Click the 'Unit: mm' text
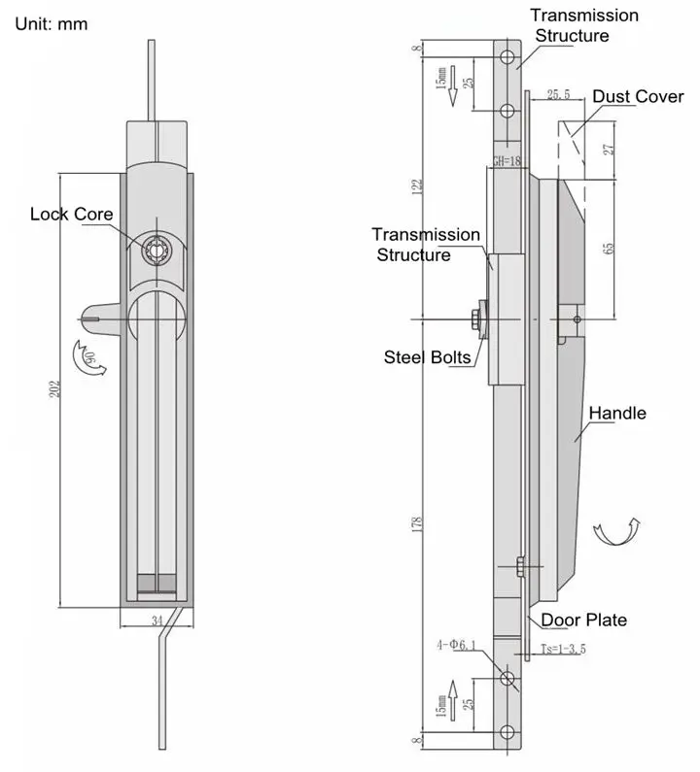coord(52,23)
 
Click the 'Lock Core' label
coord(71,214)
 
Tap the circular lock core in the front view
coord(155,250)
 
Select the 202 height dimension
coord(56,386)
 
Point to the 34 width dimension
coord(156,618)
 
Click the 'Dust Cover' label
coord(638,96)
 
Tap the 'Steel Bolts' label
coord(428,357)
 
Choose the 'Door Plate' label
coord(583,621)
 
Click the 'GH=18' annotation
coord(507,162)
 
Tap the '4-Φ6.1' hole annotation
coord(457,644)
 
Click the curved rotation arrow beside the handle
coord(616,532)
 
